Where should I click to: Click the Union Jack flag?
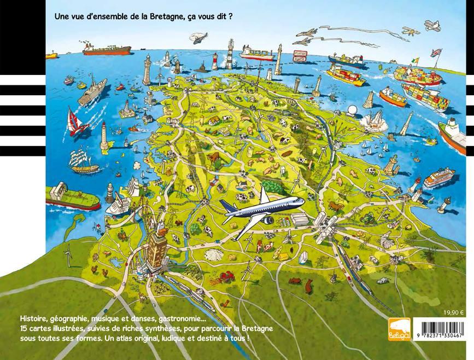click(436, 53)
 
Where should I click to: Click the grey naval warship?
click(92, 91)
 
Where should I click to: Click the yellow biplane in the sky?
click(434, 25)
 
